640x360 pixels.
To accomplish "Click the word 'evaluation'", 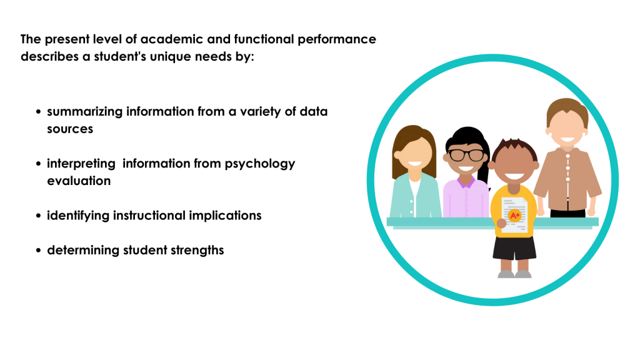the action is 79,181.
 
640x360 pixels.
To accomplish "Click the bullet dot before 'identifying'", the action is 38,216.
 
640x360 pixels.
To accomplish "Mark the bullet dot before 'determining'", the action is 38,250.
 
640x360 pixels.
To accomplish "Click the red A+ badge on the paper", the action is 515,215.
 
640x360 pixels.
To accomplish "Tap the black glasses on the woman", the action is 466,155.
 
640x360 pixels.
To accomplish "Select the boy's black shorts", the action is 514,247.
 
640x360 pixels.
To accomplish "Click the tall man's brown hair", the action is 567,109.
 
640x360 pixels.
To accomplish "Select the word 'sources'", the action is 70,129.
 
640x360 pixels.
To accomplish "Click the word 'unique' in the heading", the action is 170,57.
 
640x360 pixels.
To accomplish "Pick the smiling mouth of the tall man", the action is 567,139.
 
